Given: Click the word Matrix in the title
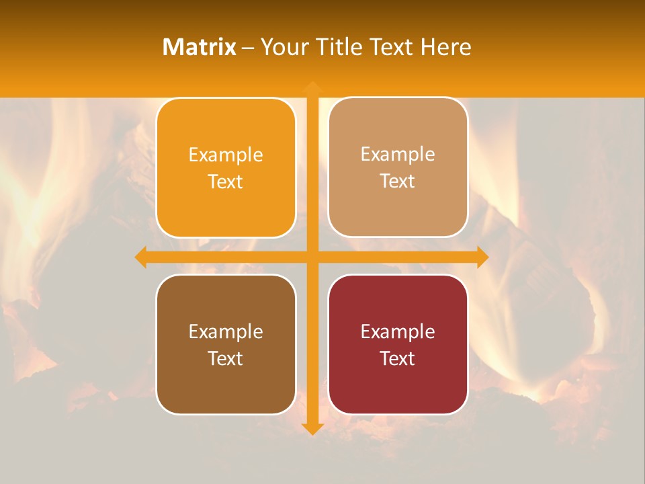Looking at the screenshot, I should pyautogui.click(x=200, y=47).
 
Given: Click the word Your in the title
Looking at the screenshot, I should pyautogui.click(x=283, y=47).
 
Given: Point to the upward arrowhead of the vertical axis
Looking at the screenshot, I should pyautogui.click(x=312, y=87).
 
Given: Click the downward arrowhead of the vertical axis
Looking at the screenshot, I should pyautogui.click(x=312, y=428).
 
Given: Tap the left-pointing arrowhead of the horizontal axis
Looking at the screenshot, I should pyautogui.click(x=141, y=257).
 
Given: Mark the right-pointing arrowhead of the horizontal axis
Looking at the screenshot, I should pyautogui.click(x=482, y=257).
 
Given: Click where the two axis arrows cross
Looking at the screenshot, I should pyautogui.click(x=312, y=257).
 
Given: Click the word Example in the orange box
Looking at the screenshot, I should pyautogui.click(x=226, y=155).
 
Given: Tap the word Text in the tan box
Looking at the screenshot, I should pyautogui.click(x=398, y=182).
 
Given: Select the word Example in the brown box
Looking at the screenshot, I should pyautogui.click(x=226, y=331).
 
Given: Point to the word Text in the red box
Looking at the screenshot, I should pyautogui.click(x=398, y=358).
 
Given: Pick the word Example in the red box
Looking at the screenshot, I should pyautogui.click(x=398, y=331).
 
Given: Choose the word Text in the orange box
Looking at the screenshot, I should pyautogui.click(x=226, y=182).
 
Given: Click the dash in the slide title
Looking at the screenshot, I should pyautogui.click(x=248, y=48).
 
